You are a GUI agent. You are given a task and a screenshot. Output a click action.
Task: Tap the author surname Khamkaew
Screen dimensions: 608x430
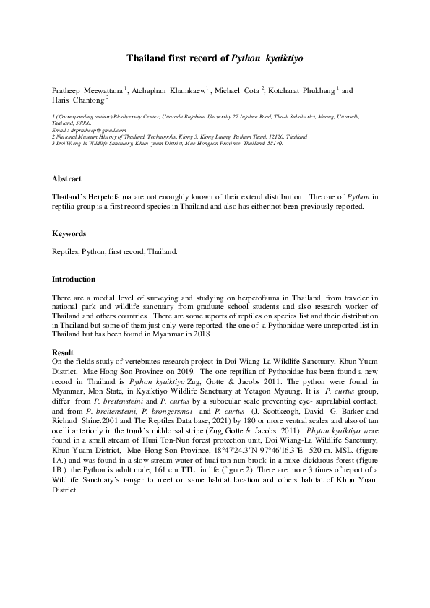tap(186, 91)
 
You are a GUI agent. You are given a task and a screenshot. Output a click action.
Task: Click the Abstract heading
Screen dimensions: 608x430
tap(66, 178)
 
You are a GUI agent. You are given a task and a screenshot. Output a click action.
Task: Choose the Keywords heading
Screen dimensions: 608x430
tap(69, 234)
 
